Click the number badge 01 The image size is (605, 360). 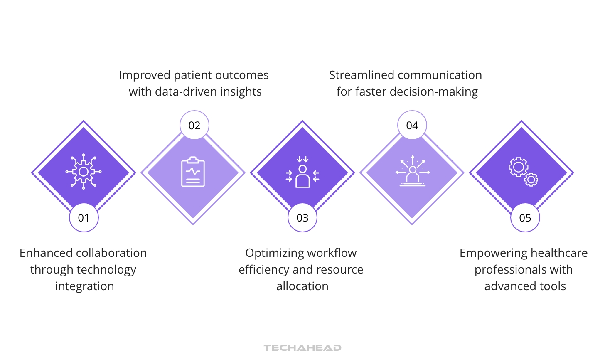84,217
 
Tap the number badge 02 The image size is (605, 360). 194,125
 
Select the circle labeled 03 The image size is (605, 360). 302,217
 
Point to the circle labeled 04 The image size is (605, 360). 412,125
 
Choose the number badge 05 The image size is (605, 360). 525,217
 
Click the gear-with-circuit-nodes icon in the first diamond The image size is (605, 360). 84,172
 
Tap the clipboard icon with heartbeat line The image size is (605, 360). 193,172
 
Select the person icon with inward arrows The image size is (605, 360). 302,172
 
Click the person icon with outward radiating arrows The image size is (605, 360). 412,171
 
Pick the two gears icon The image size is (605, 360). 523,171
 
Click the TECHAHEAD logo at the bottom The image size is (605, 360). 302,348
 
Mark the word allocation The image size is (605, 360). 302,286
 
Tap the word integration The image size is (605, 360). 84,286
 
